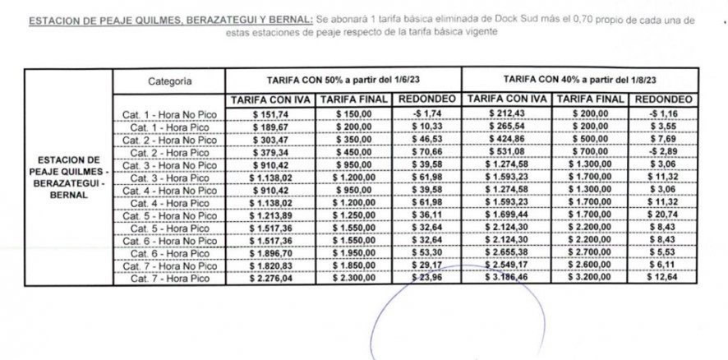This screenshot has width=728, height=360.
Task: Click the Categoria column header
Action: [x=170, y=81]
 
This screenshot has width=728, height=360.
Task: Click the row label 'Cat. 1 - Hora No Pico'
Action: [x=169, y=114]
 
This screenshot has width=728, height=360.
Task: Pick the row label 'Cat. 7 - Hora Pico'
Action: [x=169, y=279]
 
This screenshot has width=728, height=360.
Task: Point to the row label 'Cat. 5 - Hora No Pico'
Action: [x=169, y=215]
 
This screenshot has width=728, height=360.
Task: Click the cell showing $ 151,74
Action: [x=269, y=114]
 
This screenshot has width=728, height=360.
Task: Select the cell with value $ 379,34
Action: [x=269, y=152]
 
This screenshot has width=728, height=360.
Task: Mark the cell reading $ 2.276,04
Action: [x=269, y=279]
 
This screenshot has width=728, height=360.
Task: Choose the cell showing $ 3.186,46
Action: [x=505, y=279]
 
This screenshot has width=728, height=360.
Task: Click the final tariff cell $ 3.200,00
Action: [x=588, y=279]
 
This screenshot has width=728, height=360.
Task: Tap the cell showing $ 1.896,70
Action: [x=269, y=253]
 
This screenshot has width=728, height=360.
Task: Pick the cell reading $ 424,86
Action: [x=505, y=140]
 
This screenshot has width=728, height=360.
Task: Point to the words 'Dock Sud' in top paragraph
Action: [x=512, y=19]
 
